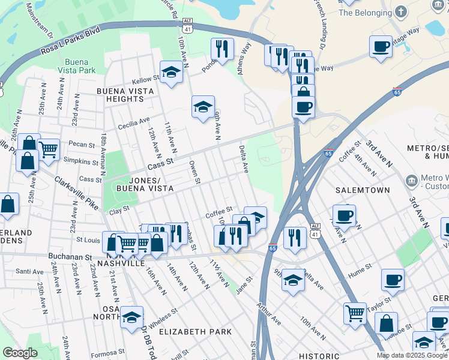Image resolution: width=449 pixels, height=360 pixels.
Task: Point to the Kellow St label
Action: click(x=146, y=80)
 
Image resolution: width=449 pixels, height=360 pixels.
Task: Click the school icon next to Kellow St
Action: click(x=172, y=73)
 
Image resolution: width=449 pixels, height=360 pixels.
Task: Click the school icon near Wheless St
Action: click(x=131, y=318)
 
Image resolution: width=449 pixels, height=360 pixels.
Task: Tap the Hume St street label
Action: click(x=365, y=271)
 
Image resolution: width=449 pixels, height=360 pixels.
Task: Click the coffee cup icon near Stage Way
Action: click(x=381, y=47)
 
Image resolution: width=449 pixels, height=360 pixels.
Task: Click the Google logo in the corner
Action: click(x=20, y=352)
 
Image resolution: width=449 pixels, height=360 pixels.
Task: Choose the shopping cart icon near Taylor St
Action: click(x=355, y=313)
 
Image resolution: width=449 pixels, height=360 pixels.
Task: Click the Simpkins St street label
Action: click(x=81, y=161)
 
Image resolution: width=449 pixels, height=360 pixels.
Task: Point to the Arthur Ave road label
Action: click(x=268, y=314)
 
